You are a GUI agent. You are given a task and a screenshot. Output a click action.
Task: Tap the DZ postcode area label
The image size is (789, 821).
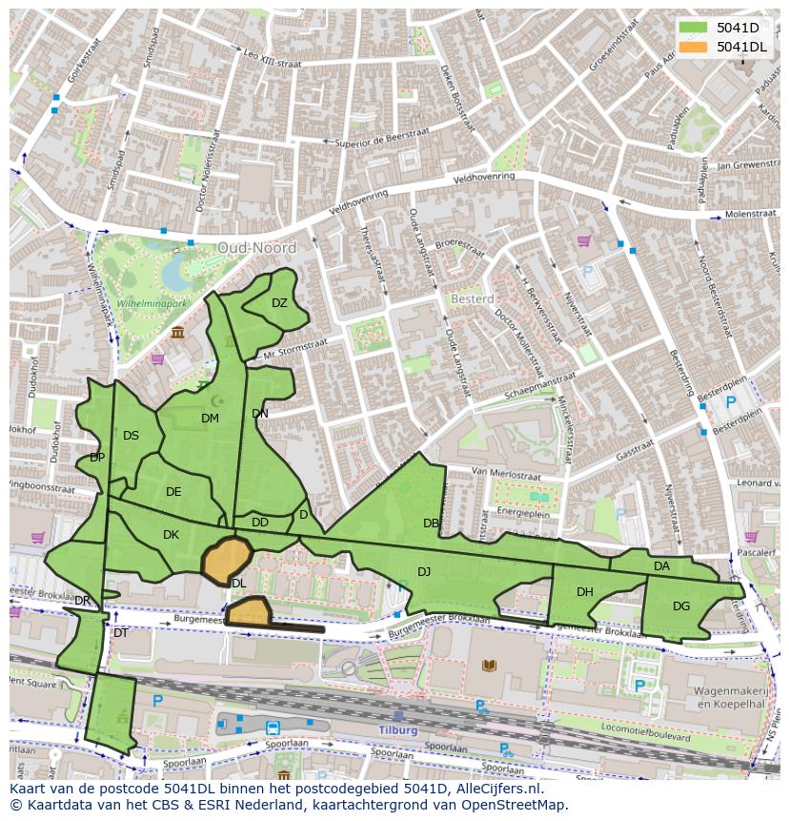pos(279,303)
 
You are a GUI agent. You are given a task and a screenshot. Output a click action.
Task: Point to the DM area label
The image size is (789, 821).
pos(210,418)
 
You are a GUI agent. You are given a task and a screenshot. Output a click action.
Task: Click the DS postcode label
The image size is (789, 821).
pos(131,436)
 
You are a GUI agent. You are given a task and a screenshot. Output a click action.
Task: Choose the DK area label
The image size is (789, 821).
pos(171,535)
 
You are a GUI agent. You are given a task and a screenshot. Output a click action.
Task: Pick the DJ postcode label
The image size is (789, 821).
pos(424,571)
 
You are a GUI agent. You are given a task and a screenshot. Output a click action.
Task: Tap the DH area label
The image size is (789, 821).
pos(585,592)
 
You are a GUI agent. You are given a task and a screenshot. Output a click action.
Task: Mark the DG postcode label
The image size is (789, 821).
pos(681,605)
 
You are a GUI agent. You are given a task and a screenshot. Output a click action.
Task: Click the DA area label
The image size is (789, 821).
pos(662,566)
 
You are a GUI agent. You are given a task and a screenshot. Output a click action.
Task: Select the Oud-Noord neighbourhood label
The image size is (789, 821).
pos(256,247)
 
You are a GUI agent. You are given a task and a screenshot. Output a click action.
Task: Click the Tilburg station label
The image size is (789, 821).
pos(398,729)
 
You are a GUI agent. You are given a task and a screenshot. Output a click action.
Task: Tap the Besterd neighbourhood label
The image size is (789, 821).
pos(471,298)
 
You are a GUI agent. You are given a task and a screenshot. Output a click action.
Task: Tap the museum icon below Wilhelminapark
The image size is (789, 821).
pos(178,332)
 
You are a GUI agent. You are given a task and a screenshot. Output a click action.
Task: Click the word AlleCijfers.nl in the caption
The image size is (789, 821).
pos(495,789)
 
